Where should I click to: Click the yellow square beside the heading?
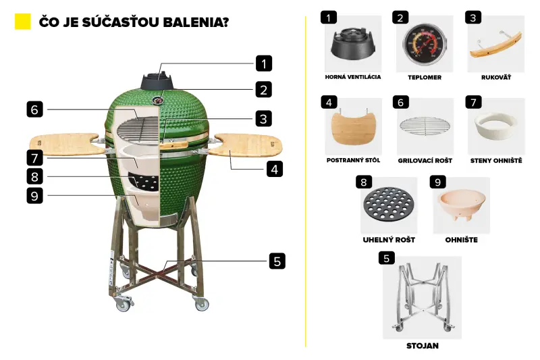[x=23, y=22]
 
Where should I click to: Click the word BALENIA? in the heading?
[x=196, y=22]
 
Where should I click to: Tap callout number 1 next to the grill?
[x=264, y=63]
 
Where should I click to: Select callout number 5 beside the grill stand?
[x=277, y=261]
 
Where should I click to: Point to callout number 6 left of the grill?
[x=35, y=109]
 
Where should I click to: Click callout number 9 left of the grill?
[x=35, y=195]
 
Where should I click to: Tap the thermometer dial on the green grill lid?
[x=158, y=100]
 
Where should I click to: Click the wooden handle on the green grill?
[x=173, y=145]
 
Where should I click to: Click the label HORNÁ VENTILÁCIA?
[x=353, y=77]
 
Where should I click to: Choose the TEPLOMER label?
[x=425, y=78]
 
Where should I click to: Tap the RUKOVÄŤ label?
[x=496, y=77]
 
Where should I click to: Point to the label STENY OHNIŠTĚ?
[x=496, y=160]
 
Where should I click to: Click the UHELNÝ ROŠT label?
[x=389, y=240]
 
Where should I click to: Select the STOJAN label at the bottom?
[x=423, y=346]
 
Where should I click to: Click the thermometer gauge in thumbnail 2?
[x=425, y=44]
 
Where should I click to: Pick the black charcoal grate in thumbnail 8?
[x=388, y=204]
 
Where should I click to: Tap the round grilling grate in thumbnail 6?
[x=425, y=126]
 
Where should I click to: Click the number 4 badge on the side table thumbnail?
[x=329, y=102]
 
